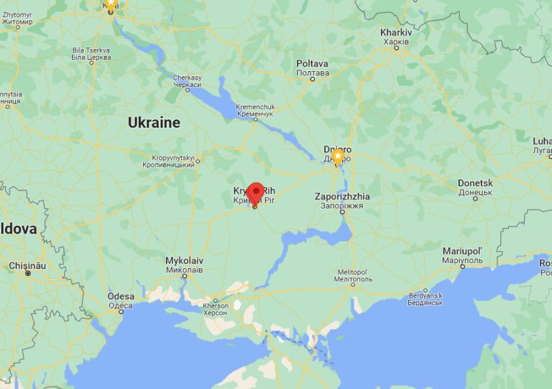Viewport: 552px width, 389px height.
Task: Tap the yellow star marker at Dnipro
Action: tap(337, 156)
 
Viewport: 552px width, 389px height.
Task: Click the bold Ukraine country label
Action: tap(154, 123)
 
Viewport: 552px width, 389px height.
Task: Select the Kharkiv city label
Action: tap(396, 37)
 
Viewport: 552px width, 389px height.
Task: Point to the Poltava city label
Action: tap(313, 68)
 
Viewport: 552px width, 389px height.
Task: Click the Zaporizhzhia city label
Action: tap(342, 201)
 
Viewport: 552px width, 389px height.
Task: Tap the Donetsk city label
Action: tap(475, 188)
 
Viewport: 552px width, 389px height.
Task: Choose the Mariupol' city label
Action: tap(462, 254)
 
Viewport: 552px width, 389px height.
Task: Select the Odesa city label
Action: tap(121, 300)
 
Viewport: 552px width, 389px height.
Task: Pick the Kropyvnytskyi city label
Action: tap(173, 160)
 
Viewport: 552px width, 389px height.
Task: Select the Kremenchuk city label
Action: tap(255, 110)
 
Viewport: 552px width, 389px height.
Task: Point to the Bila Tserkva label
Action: tap(90, 53)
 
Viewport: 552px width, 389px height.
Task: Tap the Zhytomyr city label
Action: tap(17, 19)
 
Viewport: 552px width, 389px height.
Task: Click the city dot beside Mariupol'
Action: tap(462, 267)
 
